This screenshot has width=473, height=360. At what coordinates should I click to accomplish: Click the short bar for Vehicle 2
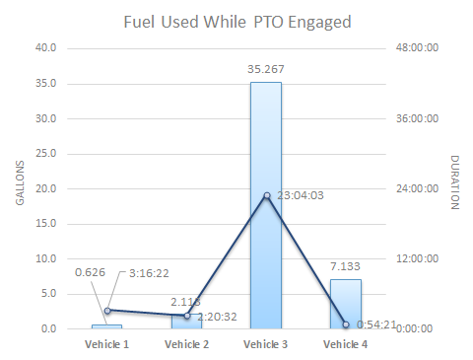(x=185, y=322)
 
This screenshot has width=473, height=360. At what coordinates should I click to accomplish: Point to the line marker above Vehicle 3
(x=266, y=195)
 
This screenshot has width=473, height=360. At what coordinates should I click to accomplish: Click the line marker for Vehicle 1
(x=107, y=310)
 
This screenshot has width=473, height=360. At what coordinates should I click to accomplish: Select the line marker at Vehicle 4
(x=346, y=324)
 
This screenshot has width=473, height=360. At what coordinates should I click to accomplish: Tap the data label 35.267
(x=265, y=69)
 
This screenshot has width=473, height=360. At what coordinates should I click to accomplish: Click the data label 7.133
(x=345, y=266)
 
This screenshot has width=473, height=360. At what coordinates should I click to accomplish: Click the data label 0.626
(x=91, y=273)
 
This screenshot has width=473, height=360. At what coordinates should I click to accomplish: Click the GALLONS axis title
(x=20, y=187)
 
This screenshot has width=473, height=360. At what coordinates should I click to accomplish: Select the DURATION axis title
(x=455, y=182)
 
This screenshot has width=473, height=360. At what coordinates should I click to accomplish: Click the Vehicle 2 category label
(x=185, y=344)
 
